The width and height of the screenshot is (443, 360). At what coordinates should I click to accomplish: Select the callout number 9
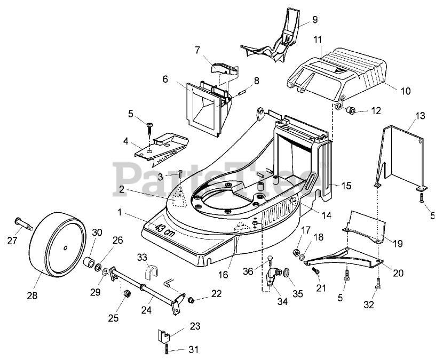(315, 20)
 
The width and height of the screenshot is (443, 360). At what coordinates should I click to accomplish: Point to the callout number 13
(421, 116)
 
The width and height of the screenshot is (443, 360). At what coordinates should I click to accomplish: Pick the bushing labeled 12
(351, 111)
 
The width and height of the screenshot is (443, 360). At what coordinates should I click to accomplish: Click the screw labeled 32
(378, 284)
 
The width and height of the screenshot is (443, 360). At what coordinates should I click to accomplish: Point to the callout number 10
(406, 91)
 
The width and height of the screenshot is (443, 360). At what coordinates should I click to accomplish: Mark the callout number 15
(347, 186)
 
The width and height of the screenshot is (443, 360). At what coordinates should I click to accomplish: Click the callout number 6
(165, 79)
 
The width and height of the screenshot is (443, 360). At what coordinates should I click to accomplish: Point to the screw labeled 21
(316, 272)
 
